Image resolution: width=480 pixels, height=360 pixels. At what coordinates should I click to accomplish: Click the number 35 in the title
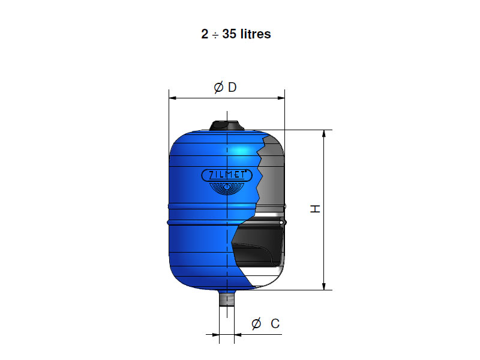point(229,34)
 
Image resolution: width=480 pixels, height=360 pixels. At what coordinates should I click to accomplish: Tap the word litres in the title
point(256,34)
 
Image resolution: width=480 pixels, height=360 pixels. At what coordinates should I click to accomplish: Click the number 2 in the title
point(205,34)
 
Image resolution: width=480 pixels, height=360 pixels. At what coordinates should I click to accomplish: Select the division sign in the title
point(215,35)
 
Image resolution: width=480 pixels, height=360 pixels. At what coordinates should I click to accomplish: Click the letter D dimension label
point(232,87)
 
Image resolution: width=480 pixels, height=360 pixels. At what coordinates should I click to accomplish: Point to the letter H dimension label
point(315,209)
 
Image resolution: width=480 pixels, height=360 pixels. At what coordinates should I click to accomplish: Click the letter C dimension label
point(275,323)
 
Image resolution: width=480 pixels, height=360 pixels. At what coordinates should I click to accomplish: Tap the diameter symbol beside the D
point(218,88)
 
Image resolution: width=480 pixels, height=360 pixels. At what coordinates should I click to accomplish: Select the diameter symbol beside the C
point(256,324)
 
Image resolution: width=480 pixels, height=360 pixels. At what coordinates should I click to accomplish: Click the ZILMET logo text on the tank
point(227,175)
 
